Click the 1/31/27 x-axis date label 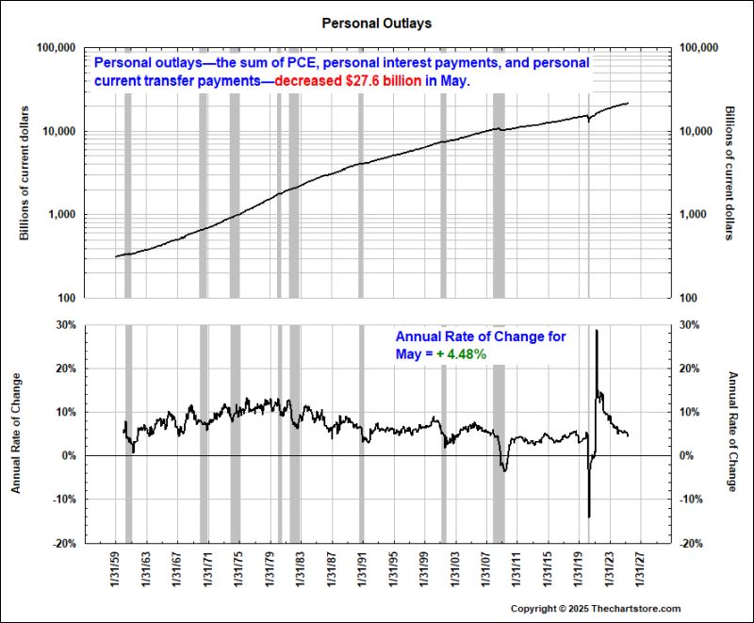click(639, 571)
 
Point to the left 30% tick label click(64, 324)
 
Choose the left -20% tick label click(62, 544)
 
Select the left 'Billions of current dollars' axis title click(25, 172)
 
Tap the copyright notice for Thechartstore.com click(595, 609)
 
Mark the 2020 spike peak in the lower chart click(596, 332)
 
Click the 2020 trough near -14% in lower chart click(589, 516)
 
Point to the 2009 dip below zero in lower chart click(504, 468)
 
